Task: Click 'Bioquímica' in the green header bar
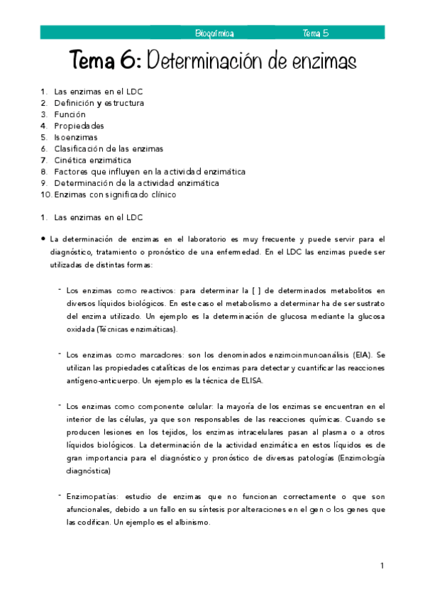point(214,33)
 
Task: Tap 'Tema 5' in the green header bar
point(315,33)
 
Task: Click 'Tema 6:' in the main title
point(106,61)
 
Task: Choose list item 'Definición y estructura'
point(99,103)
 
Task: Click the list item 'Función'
point(70,114)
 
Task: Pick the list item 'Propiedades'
point(79,126)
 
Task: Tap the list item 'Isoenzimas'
point(76,137)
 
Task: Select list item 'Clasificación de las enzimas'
point(109,148)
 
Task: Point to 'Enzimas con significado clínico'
point(114,194)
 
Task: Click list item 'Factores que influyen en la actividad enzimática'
point(150,171)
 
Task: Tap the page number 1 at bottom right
point(382,565)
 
